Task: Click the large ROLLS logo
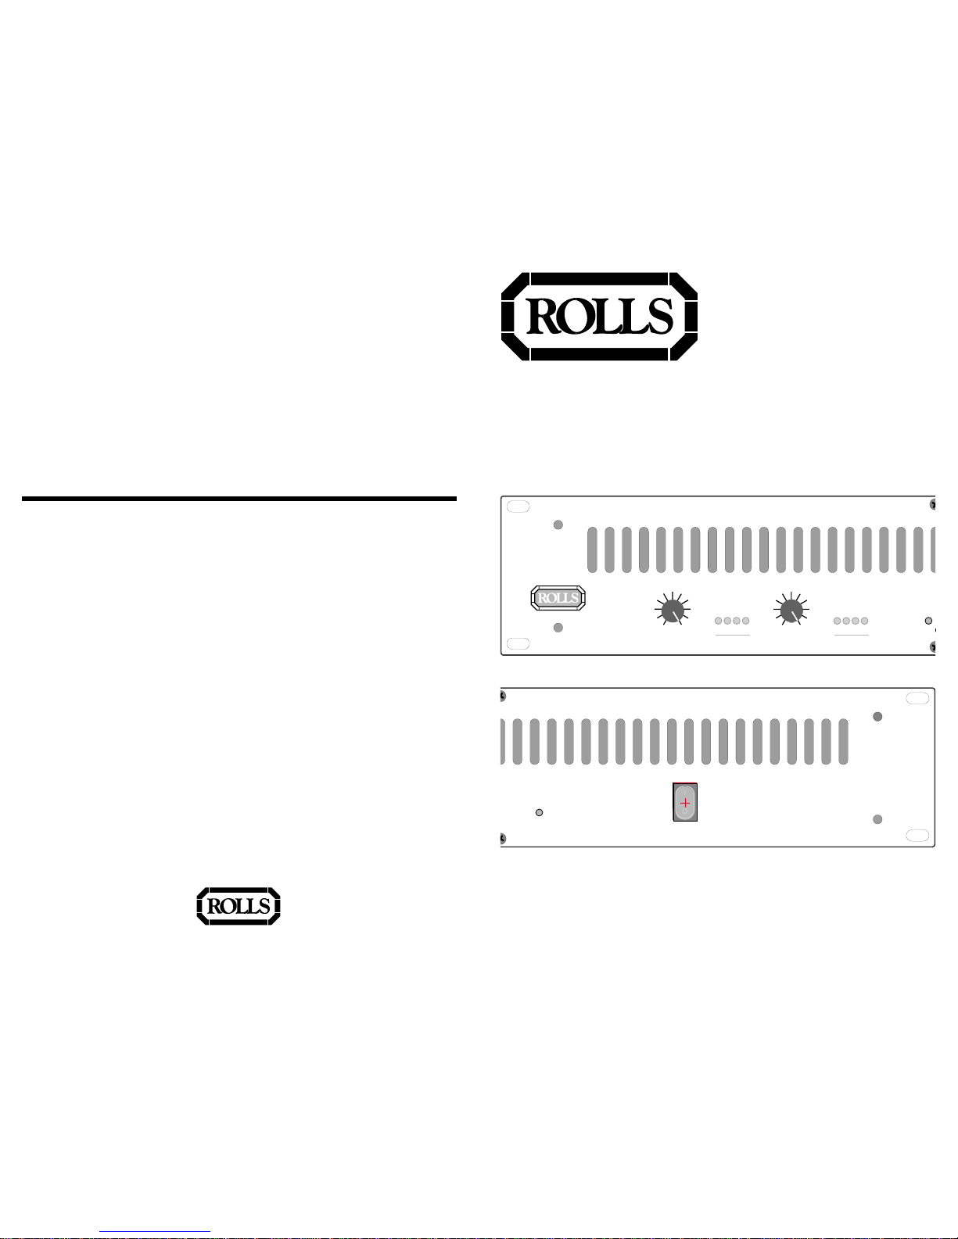tap(599, 317)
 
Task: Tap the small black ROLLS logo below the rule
tap(239, 906)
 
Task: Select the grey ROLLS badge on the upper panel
tap(558, 598)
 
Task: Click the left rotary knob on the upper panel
tap(673, 610)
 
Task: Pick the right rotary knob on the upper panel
tap(791, 610)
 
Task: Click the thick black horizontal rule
tap(239, 499)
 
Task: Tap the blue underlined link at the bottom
tap(155, 1232)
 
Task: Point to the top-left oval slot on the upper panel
tap(518, 507)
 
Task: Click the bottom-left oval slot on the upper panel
tap(518, 643)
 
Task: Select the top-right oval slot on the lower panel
tap(917, 699)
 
